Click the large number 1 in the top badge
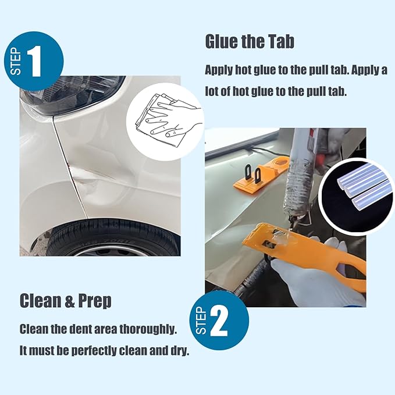(34, 62)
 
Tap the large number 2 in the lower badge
(219, 322)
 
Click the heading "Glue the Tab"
(250, 42)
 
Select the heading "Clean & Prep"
(65, 301)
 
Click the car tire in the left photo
(111, 239)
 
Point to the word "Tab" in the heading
(280, 42)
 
